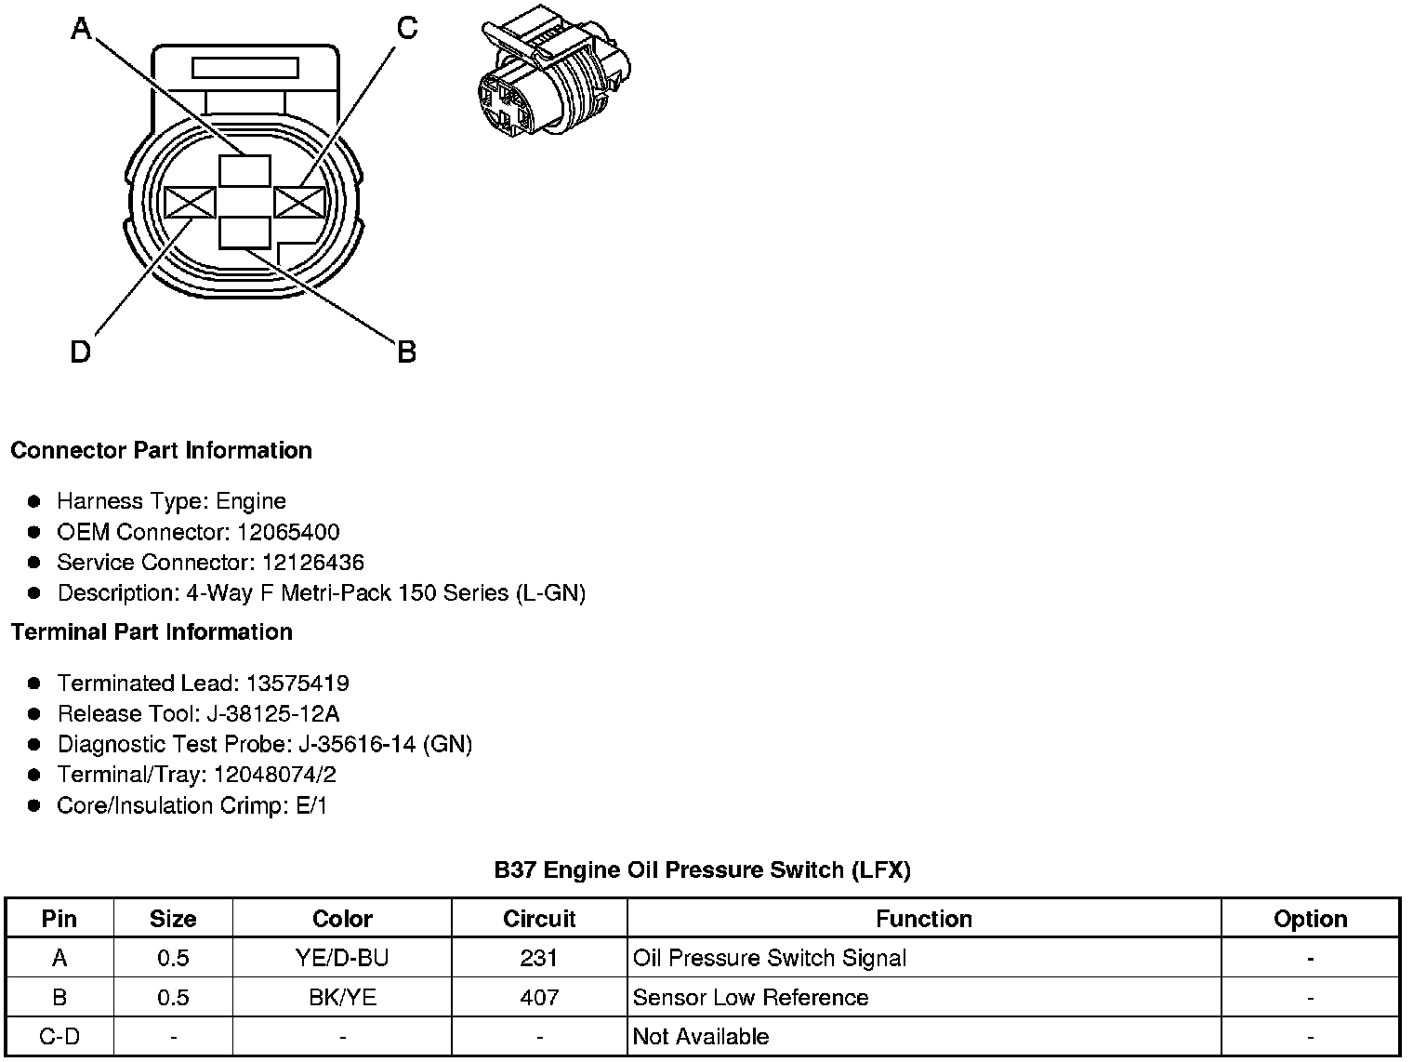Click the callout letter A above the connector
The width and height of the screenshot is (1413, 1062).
[82, 30]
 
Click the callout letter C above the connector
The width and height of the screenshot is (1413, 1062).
[407, 29]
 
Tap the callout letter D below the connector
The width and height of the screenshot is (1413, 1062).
[81, 352]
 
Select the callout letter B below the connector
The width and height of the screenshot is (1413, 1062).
[406, 352]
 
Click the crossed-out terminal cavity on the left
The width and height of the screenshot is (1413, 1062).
[190, 203]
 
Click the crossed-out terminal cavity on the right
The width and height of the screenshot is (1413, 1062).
[300, 203]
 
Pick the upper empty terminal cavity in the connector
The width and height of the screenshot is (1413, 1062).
[245, 172]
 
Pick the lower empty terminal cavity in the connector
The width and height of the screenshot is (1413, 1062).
[245, 232]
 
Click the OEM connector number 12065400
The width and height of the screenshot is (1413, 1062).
[288, 532]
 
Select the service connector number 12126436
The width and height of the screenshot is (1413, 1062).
[313, 563]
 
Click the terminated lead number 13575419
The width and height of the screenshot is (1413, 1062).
[297, 684]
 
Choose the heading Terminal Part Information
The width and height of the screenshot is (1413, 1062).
[152, 632]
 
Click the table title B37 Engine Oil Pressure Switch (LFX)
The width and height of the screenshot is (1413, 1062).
[702, 870]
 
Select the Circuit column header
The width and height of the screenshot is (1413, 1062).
[539, 919]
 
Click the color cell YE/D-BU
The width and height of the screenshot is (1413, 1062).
[342, 958]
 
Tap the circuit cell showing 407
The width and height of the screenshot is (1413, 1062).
[539, 998]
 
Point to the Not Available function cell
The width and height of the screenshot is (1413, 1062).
[701, 1036]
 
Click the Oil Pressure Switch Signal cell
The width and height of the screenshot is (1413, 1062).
[769, 958]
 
